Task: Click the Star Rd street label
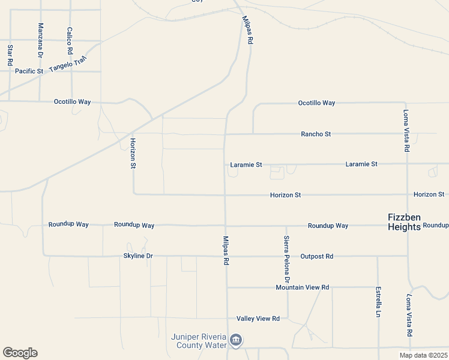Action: pyautogui.click(x=10, y=55)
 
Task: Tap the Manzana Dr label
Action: pyautogui.click(x=41, y=40)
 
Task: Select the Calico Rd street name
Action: pyautogui.click(x=70, y=41)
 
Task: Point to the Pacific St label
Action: pyautogui.click(x=29, y=71)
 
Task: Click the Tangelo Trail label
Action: pyautogui.click(x=68, y=64)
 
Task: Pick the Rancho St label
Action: pyautogui.click(x=316, y=134)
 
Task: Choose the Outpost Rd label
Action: pyautogui.click(x=316, y=256)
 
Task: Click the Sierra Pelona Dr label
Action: pyautogui.click(x=287, y=260)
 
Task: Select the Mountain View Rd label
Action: pyautogui.click(x=303, y=287)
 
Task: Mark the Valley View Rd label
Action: pyautogui.click(x=258, y=319)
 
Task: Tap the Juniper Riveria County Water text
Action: pyautogui.click(x=199, y=341)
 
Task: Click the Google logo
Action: pyautogui.click(x=20, y=353)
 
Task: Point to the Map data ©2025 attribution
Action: pyautogui.click(x=423, y=355)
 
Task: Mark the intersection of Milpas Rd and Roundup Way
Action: pyautogui.click(x=226, y=226)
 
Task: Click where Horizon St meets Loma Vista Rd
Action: pyautogui.click(x=408, y=194)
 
